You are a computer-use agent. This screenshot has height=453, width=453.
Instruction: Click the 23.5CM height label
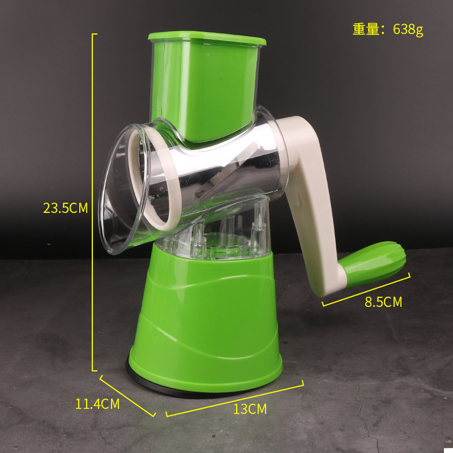coord(65,208)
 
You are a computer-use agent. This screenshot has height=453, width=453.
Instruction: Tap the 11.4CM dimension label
coord(97,404)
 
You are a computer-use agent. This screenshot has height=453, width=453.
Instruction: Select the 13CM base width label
coord(250,409)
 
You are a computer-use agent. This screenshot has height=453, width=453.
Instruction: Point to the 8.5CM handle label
coord(383,302)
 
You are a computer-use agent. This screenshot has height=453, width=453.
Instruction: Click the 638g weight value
coord(408,29)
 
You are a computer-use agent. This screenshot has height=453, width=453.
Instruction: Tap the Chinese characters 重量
coord(366,29)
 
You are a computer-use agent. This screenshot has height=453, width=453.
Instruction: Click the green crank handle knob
coord(373,264)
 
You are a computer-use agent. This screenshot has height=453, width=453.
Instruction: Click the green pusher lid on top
coord(207,39)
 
